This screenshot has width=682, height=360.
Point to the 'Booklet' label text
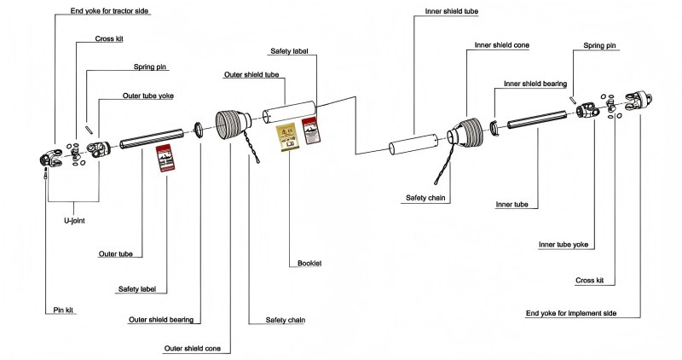(x=309, y=263)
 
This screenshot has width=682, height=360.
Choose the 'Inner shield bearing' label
(x=536, y=84)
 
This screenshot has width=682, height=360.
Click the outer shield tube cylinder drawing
(x=286, y=113)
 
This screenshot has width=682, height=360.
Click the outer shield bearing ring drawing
(x=199, y=130)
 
